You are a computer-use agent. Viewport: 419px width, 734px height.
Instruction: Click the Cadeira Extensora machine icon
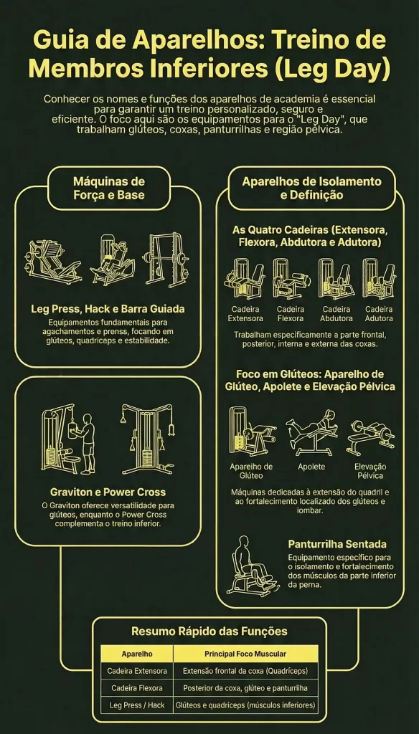245,277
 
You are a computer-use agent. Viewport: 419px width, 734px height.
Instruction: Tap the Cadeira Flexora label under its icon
290,313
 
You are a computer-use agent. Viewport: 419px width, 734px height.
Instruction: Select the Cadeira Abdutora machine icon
335,277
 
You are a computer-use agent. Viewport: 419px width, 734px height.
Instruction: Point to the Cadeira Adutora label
379,313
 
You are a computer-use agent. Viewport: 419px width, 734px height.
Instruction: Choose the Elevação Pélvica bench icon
370,433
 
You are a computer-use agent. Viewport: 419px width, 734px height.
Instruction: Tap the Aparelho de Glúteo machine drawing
250,432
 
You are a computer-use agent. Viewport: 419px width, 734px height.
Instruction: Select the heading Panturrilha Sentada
337,543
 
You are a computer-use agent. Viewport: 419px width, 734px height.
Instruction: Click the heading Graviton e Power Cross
108,492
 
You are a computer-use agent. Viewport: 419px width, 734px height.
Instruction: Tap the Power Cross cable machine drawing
146,439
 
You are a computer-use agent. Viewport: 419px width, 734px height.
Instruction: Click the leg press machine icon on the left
54,260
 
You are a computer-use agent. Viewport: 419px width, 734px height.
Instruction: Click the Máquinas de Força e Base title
109,187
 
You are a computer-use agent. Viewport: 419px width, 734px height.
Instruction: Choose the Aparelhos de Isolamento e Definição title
311,188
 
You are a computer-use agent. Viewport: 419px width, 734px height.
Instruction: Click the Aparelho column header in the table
136,654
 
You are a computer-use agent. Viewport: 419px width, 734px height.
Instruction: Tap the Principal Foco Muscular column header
245,654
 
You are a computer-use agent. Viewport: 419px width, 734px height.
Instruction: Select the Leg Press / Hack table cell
136,705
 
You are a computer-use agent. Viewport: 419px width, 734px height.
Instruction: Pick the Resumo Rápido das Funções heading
209,631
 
